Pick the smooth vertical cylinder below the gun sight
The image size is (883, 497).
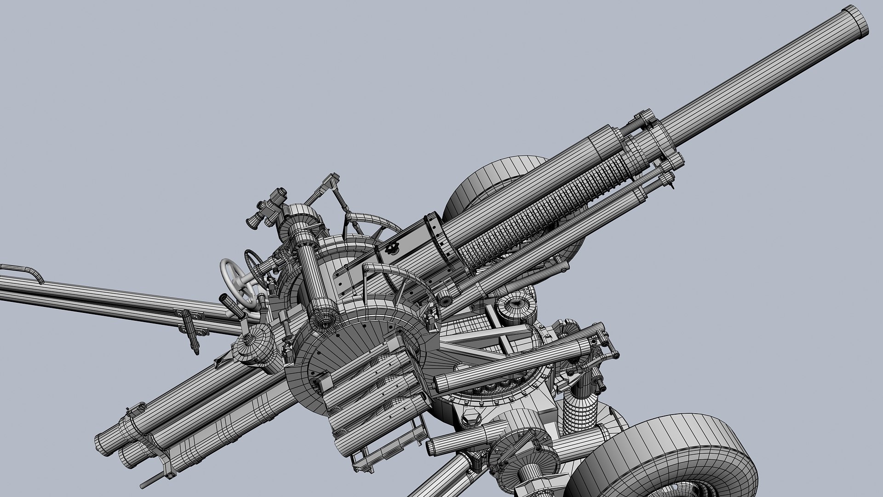(x=313, y=276)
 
